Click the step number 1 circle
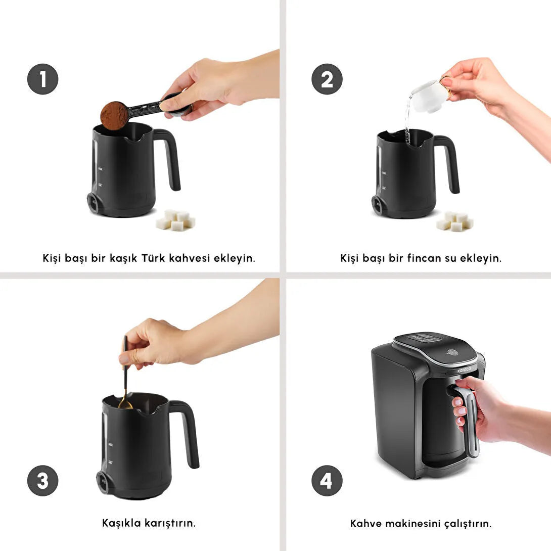coord(42,79)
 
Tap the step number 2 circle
coord(327,79)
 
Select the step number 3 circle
coord(42,480)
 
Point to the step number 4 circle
coord(327,480)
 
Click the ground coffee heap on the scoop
coord(114,116)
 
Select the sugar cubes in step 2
coord(455,221)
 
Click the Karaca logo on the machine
coord(464,370)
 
